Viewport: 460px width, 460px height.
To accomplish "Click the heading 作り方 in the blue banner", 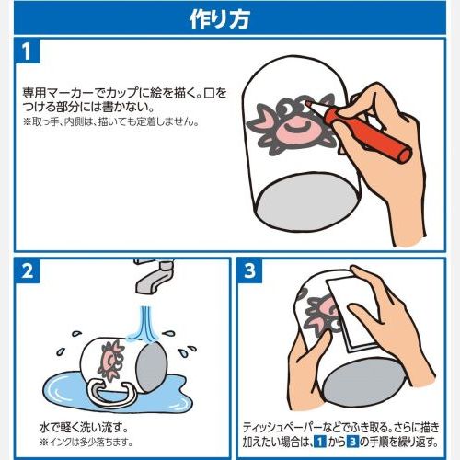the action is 220,19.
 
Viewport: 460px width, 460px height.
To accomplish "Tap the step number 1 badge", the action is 27,51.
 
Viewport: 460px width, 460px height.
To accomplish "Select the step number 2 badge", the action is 28,271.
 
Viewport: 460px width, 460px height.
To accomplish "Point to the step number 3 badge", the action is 250,271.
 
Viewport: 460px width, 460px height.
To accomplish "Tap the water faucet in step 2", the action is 154,277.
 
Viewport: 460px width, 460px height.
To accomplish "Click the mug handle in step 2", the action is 111,394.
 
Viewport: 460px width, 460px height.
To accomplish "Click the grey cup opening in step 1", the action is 306,202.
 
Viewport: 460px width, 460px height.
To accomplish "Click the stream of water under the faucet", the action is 144,322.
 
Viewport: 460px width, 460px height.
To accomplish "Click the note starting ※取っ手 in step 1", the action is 111,121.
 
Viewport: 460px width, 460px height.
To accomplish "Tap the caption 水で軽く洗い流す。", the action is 84,427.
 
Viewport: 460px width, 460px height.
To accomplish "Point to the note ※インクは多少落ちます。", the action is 86,443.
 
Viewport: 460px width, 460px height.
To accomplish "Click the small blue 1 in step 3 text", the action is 320,442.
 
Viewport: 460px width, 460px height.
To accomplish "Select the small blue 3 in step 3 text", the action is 352,442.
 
